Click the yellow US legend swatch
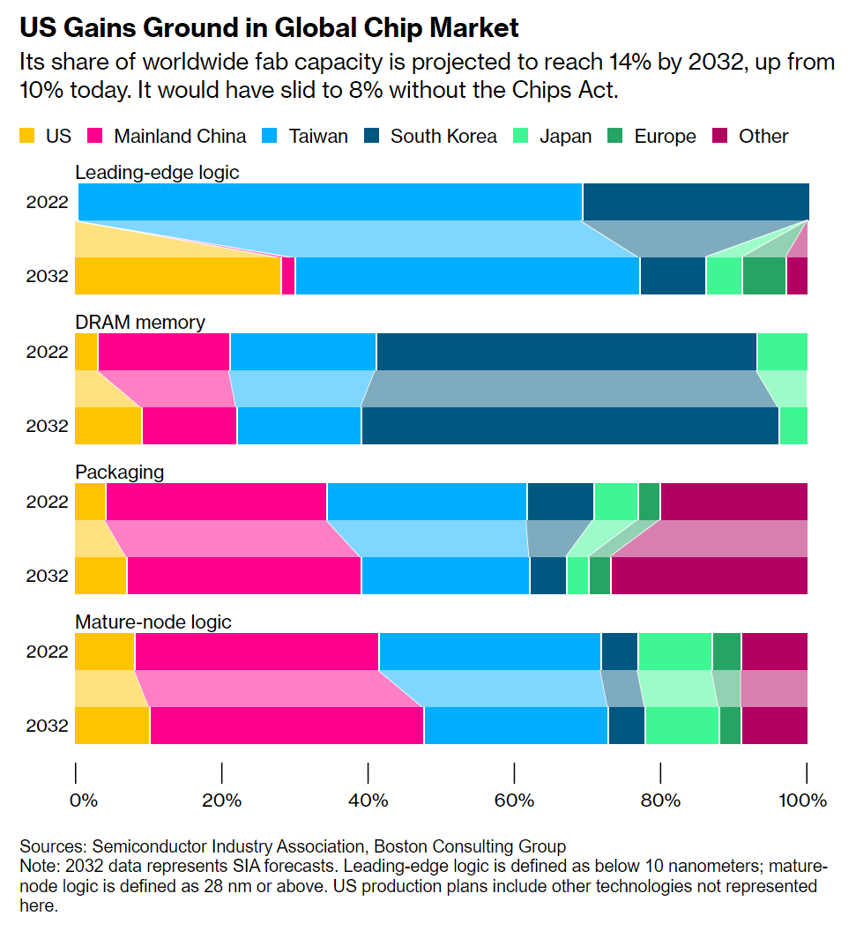[x=27, y=136]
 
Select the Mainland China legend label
[x=179, y=136]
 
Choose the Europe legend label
[x=665, y=136]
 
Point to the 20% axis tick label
[x=221, y=801]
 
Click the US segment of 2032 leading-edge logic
[x=177, y=276]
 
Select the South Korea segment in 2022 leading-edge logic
[x=695, y=202]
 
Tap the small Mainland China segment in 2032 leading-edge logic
[x=287, y=276]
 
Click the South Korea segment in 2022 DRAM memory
[x=566, y=352]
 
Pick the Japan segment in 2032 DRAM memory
[x=793, y=426]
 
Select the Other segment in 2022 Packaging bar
[x=733, y=502]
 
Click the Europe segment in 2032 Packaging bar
[x=599, y=576]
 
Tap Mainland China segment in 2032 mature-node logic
[x=287, y=726]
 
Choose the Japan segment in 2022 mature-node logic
[x=674, y=652]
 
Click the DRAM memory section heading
[x=140, y=322]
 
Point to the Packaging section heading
[x=120, y=472]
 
